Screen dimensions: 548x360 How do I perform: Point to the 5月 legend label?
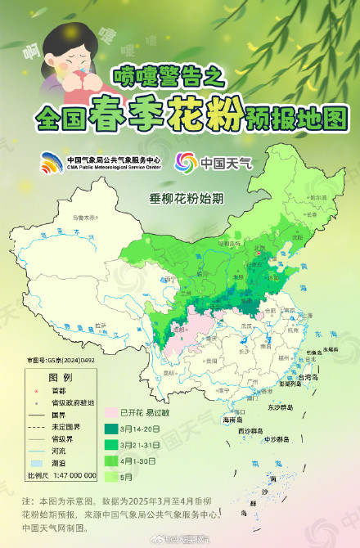click(x=126, y=475)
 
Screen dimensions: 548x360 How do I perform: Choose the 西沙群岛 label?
click(x=250, y=429)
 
